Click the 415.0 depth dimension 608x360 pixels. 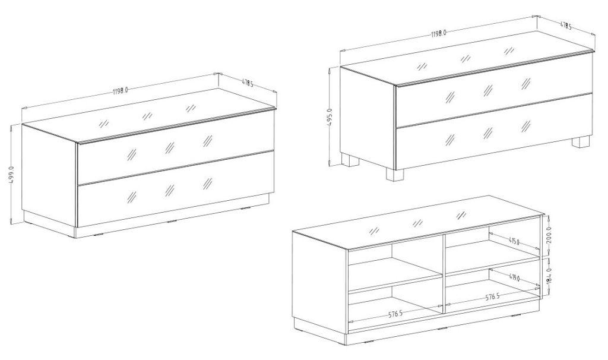514,242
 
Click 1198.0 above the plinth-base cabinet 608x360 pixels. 121,91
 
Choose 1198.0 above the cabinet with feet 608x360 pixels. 439,34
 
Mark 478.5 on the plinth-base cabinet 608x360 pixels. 247,83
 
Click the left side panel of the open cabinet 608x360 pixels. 321,280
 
